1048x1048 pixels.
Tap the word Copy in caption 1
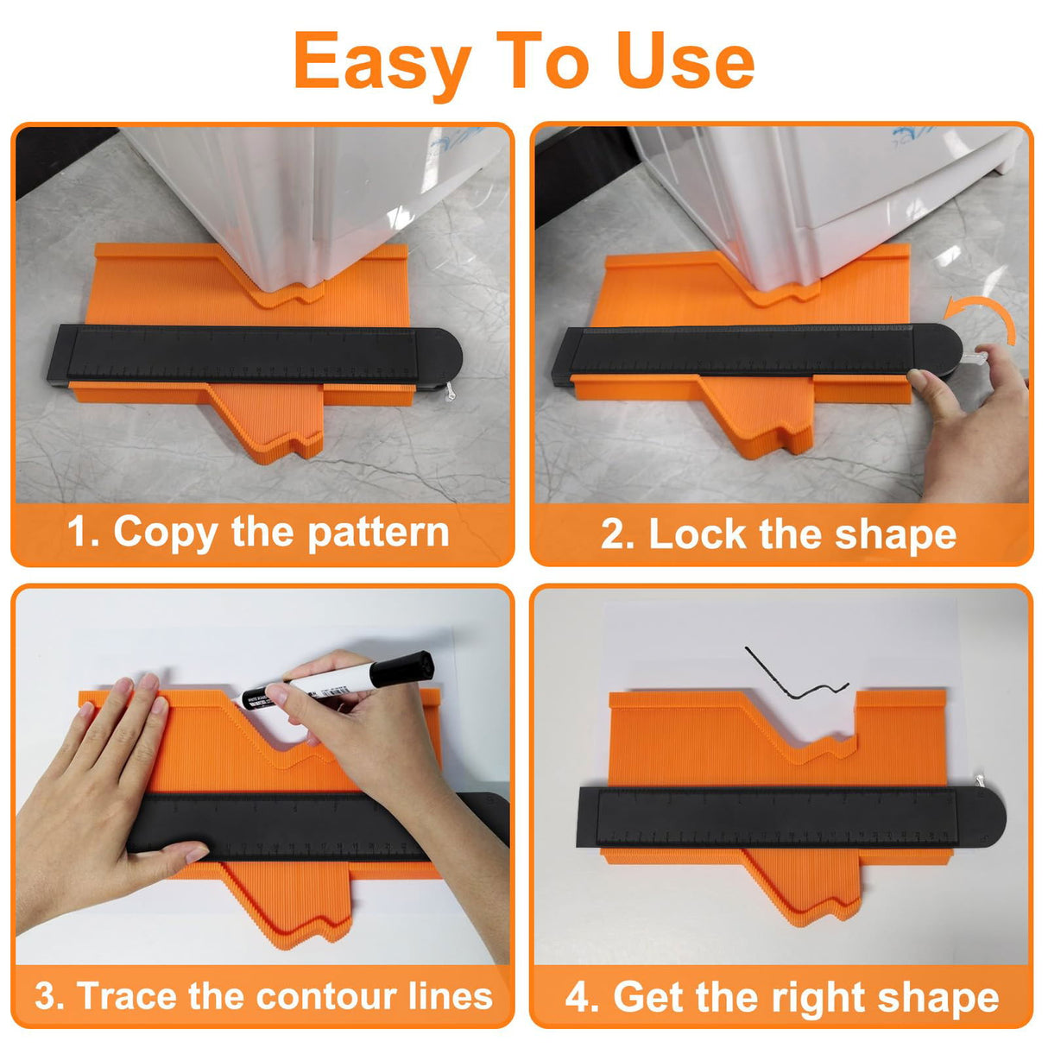click(165, 532)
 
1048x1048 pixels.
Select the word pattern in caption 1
click(377, 532)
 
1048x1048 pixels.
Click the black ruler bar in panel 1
click(242, 354)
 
